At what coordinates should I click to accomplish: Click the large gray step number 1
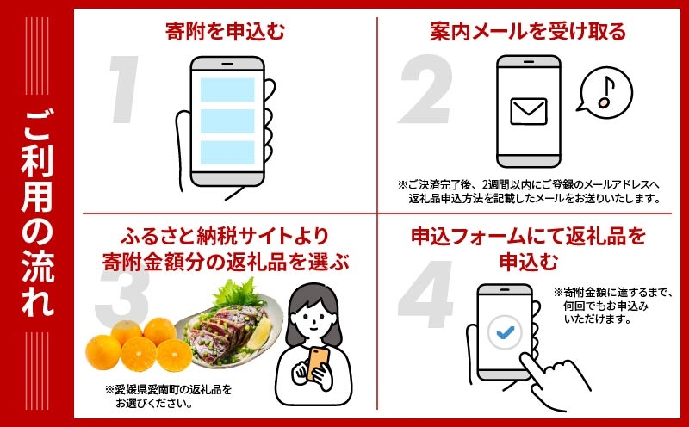coord(125,89)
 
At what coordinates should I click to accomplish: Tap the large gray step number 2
coord(425,90)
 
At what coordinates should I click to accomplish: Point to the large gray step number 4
coord(425,294)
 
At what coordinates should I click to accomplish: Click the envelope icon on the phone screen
coord(529,111)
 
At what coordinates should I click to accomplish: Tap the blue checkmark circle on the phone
coord(505,332)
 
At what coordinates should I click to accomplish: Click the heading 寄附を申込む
coord(226,31)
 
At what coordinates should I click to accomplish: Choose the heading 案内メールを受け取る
coord(528,31)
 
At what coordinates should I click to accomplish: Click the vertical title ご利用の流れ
coord(38,213)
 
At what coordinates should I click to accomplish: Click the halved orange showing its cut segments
coord(139,354)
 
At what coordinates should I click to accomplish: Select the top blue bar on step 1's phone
coord(227,90)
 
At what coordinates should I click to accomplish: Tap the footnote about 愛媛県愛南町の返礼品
coord(168,396)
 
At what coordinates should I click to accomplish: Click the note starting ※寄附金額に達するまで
coord(612,306)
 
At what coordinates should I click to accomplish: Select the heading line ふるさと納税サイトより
coord(225,237)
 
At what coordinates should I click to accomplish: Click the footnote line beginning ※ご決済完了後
coord(529,184)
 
